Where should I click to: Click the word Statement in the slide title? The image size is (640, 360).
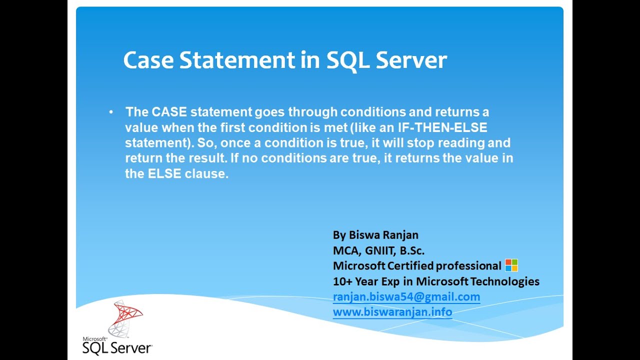point(237,60)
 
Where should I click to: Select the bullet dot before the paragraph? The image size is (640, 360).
point(111,111)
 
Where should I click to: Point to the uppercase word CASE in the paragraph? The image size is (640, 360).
point(169,111)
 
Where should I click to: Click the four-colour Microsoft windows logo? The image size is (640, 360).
point(511,265)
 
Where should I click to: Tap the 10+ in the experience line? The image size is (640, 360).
point(342,281)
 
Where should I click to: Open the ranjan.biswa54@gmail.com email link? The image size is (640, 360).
point(406,297)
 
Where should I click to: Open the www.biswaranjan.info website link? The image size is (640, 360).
point(392,312)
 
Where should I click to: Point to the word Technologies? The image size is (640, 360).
point(504,281)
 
